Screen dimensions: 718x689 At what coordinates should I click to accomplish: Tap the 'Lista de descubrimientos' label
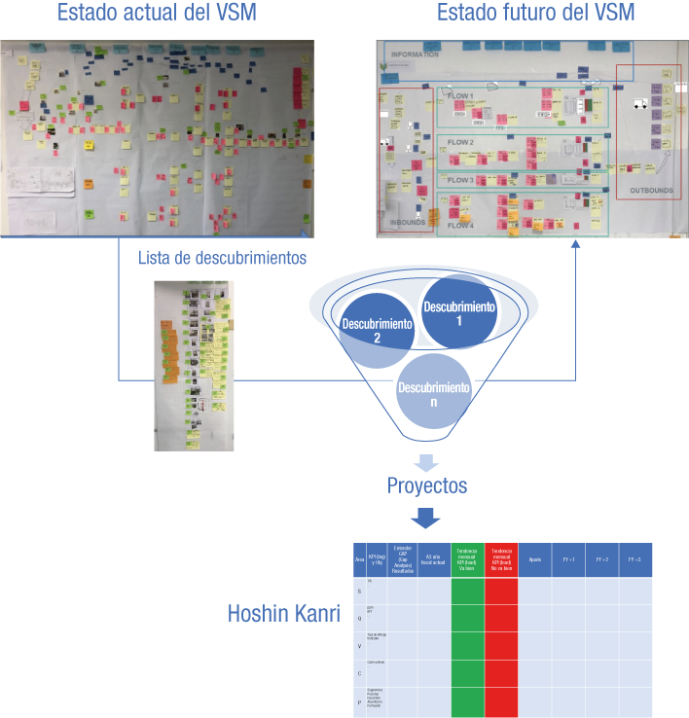pos(223,258)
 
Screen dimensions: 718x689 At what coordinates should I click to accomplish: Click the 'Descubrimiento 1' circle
pos(457,313)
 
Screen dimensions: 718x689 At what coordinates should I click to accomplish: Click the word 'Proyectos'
pos(427,485)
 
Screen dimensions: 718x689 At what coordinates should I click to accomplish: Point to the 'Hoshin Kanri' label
pos(285,614)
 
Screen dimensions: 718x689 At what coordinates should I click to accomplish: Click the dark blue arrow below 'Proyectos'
pos(427,518)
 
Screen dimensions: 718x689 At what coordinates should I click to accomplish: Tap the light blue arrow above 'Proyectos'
pos(427,461)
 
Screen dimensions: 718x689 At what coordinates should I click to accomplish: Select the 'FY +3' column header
pos(635,560)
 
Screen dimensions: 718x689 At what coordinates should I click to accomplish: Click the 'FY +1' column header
pos(567,560)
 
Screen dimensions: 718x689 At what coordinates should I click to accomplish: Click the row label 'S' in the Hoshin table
pos(359,591)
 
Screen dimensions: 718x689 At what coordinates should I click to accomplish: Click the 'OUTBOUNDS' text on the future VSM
pos(651,190)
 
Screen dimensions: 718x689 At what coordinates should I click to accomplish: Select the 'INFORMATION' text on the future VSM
pos(417,55)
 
